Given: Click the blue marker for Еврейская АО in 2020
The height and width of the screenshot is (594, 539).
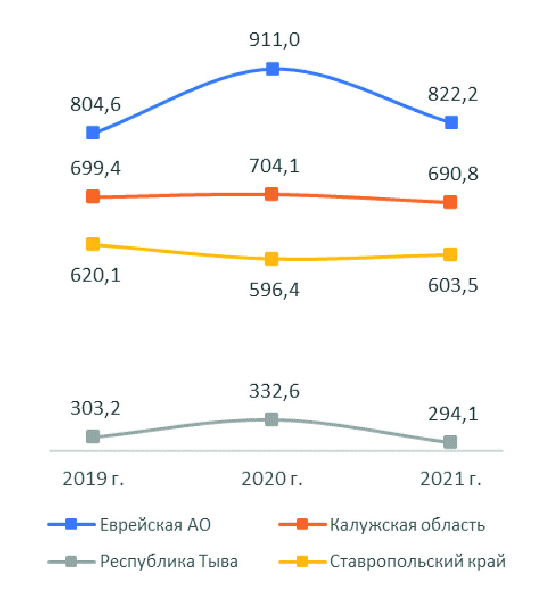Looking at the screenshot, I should [273, 69].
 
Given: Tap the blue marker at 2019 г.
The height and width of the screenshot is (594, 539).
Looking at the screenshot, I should [93, 133].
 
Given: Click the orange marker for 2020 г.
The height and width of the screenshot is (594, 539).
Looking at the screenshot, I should [272, 194].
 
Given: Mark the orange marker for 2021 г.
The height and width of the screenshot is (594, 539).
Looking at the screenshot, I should [450, 202].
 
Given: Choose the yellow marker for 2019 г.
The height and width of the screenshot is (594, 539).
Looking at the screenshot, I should [93, 244].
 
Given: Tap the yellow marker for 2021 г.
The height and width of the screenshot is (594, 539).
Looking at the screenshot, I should [450, 254].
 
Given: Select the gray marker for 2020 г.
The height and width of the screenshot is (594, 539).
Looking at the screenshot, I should [272, 419].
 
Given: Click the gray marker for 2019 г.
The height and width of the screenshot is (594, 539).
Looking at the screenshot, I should [93, 436].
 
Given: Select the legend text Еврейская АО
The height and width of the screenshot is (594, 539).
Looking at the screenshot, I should [155, 525].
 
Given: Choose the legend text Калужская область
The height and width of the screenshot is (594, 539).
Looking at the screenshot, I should [408, 525].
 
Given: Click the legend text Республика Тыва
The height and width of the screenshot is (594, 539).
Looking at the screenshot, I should [169, 562].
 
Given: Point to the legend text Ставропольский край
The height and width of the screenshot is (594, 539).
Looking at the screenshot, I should [417, 562].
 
